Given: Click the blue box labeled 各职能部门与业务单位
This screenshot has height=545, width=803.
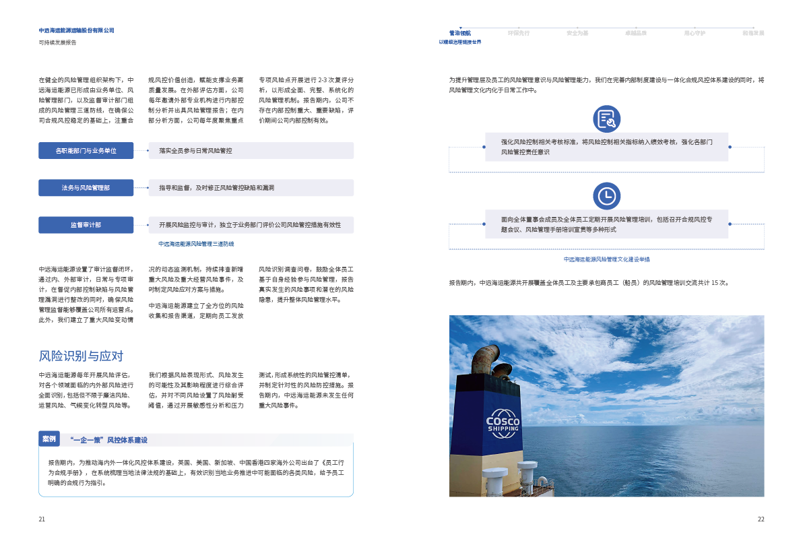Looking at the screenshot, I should point(86,150).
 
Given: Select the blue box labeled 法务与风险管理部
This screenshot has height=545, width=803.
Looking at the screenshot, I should point(86,187).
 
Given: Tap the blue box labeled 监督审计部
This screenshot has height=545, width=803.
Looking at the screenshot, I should point(86,225).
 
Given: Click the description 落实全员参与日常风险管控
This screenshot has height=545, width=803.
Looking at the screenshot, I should point(195,151).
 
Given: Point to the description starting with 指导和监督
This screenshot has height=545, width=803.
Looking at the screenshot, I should point(216,188).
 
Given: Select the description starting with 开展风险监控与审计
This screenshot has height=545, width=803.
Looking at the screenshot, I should point(250,225).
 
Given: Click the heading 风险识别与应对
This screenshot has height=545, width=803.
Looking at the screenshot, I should point(80,356).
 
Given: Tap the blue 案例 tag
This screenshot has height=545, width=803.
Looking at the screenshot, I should point(49,439).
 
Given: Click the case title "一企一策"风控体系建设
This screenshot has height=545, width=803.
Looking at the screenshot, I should point(108,440).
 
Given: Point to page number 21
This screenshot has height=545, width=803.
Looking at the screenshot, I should point(42,519).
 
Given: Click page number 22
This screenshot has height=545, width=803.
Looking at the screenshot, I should point(761,519).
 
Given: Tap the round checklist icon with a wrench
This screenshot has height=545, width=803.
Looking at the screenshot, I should point(606,119).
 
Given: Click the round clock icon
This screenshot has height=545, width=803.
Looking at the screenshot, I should point(606,196).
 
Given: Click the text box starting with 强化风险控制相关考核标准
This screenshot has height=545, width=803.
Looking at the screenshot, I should point(606,147).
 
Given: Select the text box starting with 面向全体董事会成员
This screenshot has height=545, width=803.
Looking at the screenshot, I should point(606,224).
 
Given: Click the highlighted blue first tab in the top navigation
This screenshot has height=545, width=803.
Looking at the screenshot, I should point(460,32).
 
